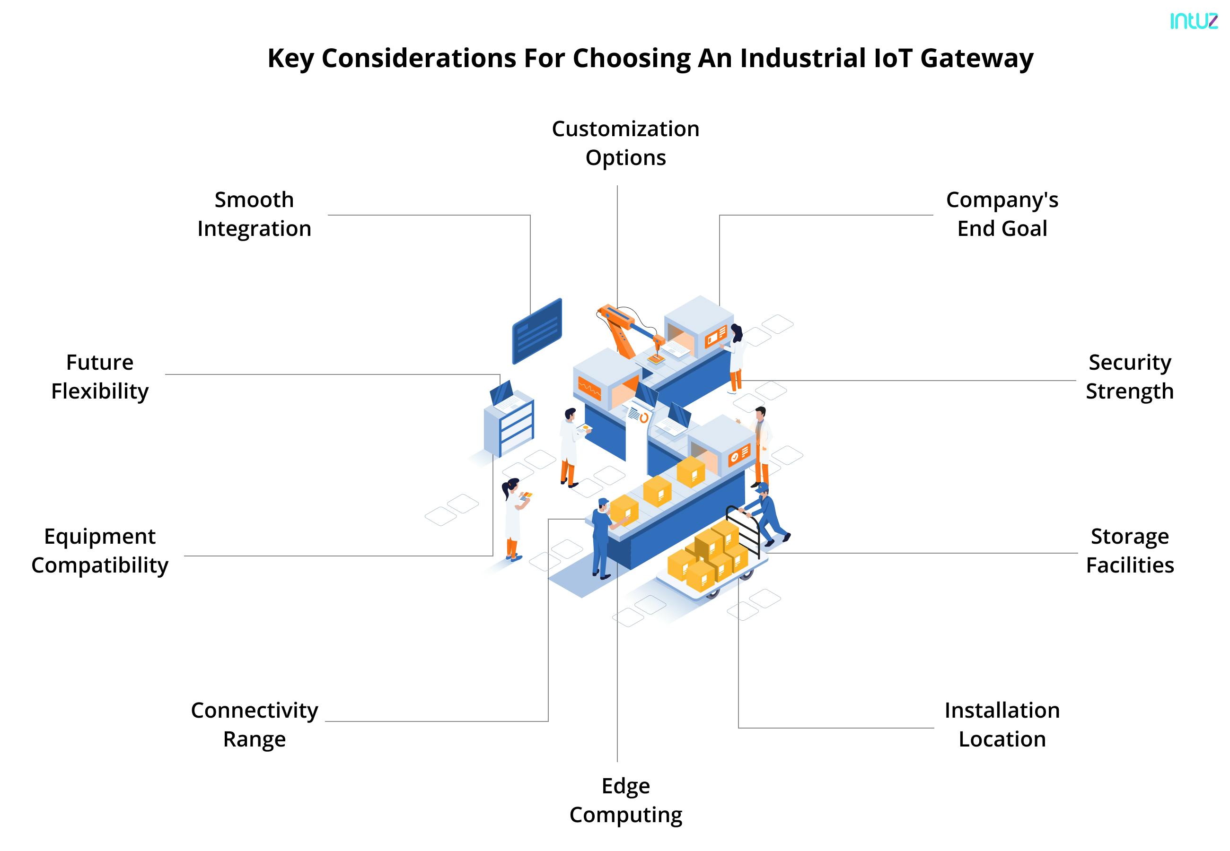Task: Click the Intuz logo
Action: [x=1194, y=21]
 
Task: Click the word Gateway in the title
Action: [x=976, y=58]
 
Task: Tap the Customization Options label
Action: [x=625, y=143]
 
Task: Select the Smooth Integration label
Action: [x=254, y=214]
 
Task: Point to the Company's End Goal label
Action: [x=1002, y=214]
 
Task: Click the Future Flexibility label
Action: [x=100, y=376]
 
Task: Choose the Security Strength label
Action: [x=1129, y=376]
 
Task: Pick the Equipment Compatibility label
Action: [x=100, y=550]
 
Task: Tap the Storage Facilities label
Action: [x=1129, y=550]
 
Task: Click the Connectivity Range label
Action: [x=254, y=724]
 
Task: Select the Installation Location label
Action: [x=1002, y=724]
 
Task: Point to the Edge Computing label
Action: [x=625, y=800]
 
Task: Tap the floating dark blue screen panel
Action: [x=536, y=330]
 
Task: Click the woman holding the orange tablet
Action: [x=513, y=517]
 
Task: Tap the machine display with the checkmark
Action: [x=739, y=454]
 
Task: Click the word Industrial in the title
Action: [x=802, y=58]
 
